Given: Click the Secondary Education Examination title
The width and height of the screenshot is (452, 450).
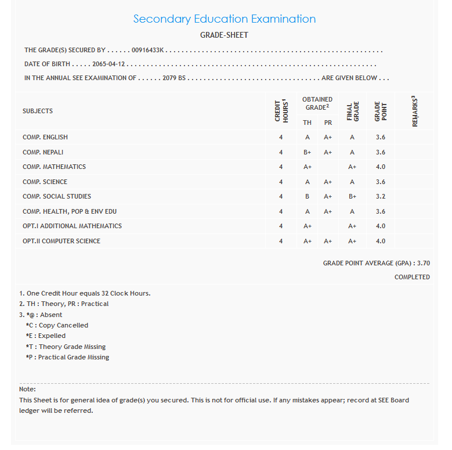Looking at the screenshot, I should pos(225,19).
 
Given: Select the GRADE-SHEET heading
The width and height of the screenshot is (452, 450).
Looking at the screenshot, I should pos(224,35).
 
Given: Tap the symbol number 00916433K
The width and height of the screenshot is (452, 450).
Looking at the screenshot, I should pos(149,51).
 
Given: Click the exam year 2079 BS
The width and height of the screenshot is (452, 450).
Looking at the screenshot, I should pos(174,78).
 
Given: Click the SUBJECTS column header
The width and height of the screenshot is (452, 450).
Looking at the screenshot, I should pos(38,111).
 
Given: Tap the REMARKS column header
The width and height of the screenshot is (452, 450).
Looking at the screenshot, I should pos(415,111).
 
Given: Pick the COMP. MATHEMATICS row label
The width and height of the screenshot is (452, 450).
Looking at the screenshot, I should pos(54,167).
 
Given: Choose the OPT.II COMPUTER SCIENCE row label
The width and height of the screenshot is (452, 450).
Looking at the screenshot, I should pos(62,241).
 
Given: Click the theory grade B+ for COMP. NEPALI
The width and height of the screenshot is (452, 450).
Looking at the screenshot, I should pos(308,152).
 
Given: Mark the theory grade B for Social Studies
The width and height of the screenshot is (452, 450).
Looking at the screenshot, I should pos(308,196).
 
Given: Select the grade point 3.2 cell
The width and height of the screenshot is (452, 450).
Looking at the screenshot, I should pos(381,196).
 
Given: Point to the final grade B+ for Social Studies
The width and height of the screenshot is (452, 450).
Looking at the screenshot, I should pos(352,196).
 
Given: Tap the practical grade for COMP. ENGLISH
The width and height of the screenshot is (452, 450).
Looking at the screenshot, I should pos(328,137).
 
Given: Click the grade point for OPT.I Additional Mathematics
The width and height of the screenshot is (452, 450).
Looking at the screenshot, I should pos(381,226).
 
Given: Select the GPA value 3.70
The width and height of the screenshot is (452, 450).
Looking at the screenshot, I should pos(423,263).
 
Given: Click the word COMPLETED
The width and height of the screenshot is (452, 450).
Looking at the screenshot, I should pos(412,277).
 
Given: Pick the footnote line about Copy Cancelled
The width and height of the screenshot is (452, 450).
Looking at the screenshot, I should pos(57,325).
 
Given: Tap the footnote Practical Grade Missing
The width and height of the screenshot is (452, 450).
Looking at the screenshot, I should pos(67,357).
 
